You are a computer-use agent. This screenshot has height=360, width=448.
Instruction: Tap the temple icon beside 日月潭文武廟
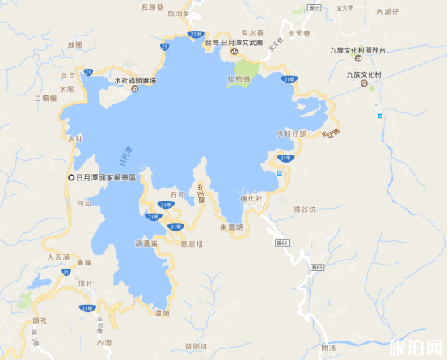[233, 53]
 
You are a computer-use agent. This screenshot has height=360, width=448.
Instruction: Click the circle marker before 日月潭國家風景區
[70, 177]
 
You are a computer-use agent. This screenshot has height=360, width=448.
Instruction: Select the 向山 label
[84, 205]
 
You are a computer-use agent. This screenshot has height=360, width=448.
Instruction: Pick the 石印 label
[178, 194]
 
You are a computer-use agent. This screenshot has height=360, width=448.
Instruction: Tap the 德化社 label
[251, 199]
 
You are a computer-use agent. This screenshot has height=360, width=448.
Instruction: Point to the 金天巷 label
[301, 36]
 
